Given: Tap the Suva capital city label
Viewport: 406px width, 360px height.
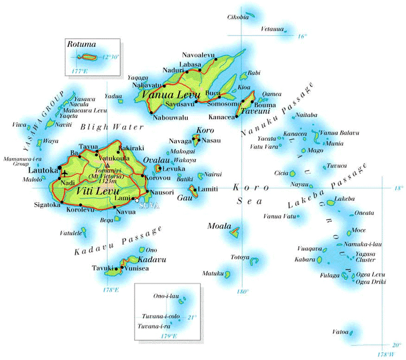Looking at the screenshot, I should pos(152,205).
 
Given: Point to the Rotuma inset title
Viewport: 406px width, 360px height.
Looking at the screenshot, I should pos(81,45).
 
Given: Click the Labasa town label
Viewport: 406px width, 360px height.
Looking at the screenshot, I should pos(191,64).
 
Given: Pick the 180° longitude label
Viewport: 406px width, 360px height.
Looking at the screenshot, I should pos(243,291).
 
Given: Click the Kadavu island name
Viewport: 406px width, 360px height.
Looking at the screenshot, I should pos(152,259).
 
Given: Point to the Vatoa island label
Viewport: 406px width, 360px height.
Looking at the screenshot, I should pos(340,332).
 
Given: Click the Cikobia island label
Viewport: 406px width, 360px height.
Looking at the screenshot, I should pos(238,17).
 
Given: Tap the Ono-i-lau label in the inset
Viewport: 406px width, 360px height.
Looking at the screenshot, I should pos(166,296).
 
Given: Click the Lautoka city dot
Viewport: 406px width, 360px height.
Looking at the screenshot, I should pos(60,167).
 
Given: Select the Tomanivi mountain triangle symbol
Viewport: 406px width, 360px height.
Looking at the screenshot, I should pos(107,165).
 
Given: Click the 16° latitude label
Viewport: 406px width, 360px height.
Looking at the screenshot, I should pos(302,36).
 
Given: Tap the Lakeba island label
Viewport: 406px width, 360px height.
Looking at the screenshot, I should pos(345,198).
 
